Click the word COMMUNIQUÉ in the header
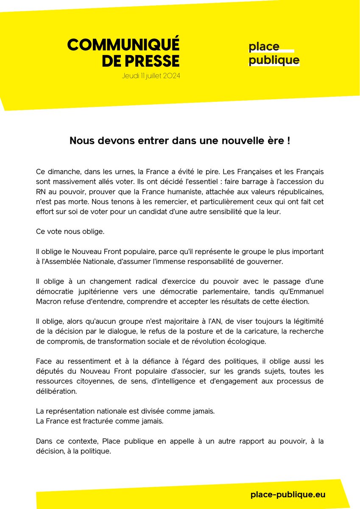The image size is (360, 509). click(123, 45)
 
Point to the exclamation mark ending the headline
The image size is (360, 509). click(288, 141)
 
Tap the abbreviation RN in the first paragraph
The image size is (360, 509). click(41, 191)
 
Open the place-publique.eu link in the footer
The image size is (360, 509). click(288, 495)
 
